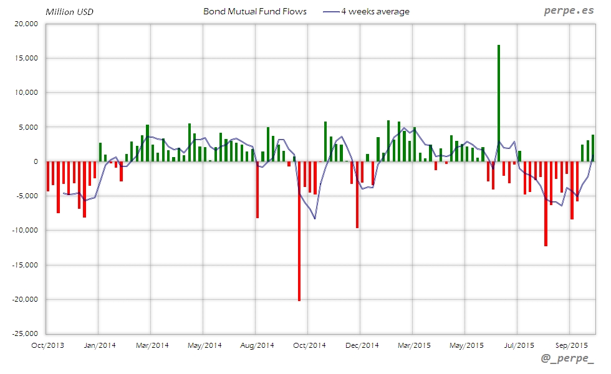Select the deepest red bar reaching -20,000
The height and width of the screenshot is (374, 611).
pos(299,231)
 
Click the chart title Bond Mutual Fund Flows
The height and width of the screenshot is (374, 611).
pos(255,11)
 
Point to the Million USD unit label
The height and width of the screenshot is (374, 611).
pos(69,12)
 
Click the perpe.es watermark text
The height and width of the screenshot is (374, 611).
pos(568,11)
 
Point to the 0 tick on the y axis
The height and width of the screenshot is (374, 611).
pos(36,161)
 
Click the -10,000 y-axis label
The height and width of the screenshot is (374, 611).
pos(27,230)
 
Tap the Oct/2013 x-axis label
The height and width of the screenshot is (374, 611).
pos(47,345)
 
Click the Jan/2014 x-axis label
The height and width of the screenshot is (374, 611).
pos(99,345)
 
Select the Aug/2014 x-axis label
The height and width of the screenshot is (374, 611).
pos(257,345)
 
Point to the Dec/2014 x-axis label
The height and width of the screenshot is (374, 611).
pos(362,345)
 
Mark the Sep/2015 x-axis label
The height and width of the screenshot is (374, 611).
pos(571,345)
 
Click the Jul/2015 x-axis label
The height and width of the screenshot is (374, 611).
pos(519,345)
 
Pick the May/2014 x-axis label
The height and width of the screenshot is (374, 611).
pos(204,345)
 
